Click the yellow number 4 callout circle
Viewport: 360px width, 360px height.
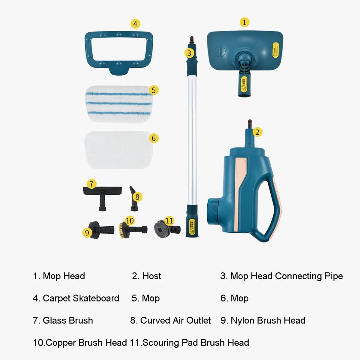135,24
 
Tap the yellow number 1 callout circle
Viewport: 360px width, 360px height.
244,22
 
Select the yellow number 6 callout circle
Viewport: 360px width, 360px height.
154,138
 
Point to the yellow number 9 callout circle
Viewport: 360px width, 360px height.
87,232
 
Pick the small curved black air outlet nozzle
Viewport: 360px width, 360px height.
133,199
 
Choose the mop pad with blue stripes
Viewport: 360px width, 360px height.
118,103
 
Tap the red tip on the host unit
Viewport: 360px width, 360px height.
250,123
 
